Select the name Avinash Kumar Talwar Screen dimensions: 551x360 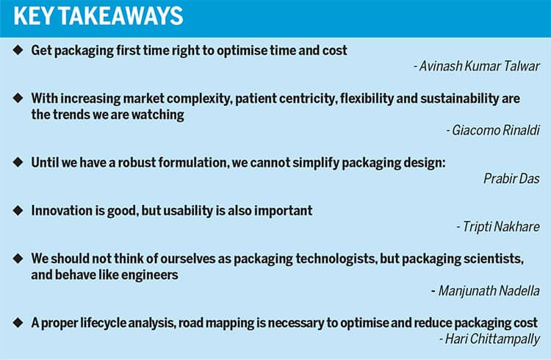tap(479, 66)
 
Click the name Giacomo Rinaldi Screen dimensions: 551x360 tap(496, 130)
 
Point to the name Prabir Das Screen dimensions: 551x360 tap(511, 179)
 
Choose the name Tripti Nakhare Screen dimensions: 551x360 tap(501, 226)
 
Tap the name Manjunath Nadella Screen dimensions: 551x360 tap(489, 291)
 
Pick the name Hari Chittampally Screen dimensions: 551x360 tap(492, 339)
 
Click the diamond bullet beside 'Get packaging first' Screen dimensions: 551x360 tap(18, 50)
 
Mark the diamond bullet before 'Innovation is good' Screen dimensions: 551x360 tap(18, 210)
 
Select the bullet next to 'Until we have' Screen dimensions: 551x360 tap(18, 162)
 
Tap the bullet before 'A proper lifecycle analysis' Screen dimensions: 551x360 tap(18, 323)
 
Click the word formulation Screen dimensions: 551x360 tap(193, 163)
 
